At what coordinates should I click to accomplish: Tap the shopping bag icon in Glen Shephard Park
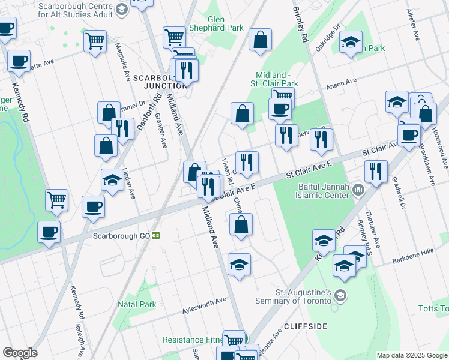pos(261,40)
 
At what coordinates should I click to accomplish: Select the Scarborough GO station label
pos(121,236)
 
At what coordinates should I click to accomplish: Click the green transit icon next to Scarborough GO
pos(155,236)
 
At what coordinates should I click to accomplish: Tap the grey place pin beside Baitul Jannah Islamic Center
pos(359,190)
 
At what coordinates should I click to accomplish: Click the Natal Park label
pos(137,304)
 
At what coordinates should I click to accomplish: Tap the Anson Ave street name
pos(341,83)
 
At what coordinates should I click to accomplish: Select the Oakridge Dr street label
pos(329,35)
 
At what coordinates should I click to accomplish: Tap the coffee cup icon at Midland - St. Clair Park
pos(279,109)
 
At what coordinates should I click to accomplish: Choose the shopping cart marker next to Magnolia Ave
pos(95,41)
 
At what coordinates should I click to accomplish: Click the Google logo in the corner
pos(20,353)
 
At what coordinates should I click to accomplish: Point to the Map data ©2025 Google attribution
pos(411,355)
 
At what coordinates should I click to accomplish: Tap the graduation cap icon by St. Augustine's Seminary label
pos(341,295)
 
